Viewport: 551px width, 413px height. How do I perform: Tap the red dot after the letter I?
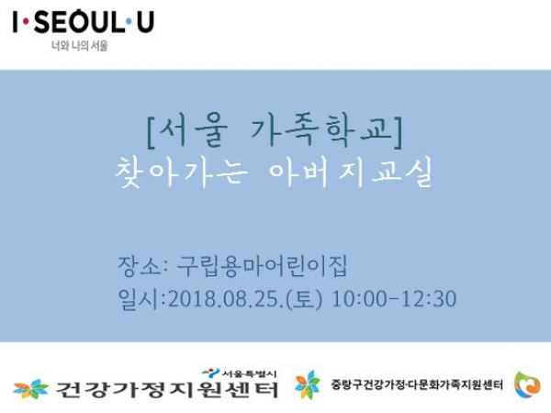click(x=26, y=22)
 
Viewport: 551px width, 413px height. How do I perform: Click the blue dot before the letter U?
click(x=129, y=22)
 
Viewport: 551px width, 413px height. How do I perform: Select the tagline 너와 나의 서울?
click(x=79, y=46)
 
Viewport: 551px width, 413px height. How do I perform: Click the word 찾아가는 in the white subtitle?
click(x=181, y=172)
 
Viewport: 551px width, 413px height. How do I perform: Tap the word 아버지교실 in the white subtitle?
click(x=351, y=173)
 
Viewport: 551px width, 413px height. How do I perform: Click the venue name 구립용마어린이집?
click(x=262, y=266)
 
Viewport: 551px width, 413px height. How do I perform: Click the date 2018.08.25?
click(x=226, y=299)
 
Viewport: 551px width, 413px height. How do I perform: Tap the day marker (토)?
click(x=304, y=299)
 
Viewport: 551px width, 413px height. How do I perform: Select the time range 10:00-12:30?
click(x=394, y=299)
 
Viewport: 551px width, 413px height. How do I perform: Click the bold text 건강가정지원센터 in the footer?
click(x=167, y=389)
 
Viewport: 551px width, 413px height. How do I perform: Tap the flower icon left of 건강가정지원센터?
click(x=31, y=389)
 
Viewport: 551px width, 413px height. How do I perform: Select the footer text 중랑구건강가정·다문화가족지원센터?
click(x=417, y=385)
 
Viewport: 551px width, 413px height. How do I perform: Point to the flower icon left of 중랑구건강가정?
click(x=308, y=385)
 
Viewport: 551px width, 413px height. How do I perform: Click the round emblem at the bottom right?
click(x=527, y=385)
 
